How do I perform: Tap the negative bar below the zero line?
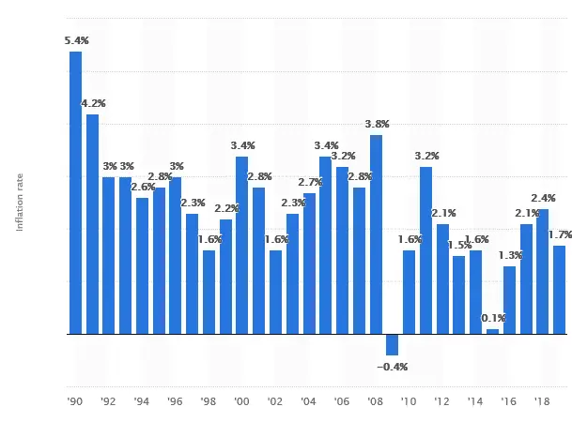(x=392, y=343)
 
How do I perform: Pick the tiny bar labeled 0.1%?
(x=492, y=331)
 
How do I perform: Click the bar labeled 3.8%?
(x=376, y=234)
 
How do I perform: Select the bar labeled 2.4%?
(x=542, y=271)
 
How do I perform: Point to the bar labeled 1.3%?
(x=509, y=300)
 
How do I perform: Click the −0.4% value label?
(x=392, y=367)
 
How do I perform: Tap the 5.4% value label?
(x=77, y=40)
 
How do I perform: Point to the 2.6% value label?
(x=143, y=187)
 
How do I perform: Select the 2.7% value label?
(x=309, y=182)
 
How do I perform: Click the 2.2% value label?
(x=225, y=208)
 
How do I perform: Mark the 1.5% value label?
(x=459, y=245)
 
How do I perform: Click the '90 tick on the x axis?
(x=75, y=401)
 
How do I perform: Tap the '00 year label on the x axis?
(x=241, y=401)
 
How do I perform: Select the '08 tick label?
(x=376, y=401)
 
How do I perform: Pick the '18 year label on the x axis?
(x=542, y=401)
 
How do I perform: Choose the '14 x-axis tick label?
(x=475, y=401)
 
